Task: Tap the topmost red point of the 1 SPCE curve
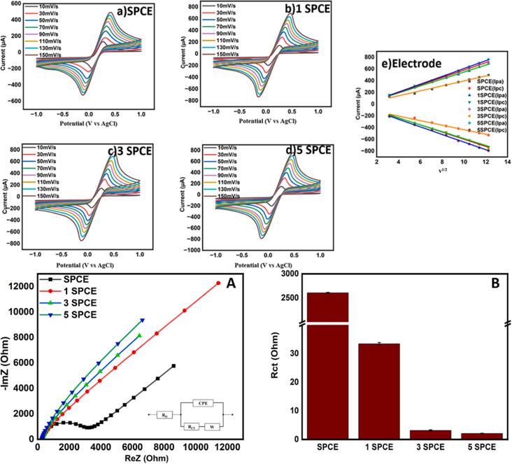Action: (218, 283)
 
